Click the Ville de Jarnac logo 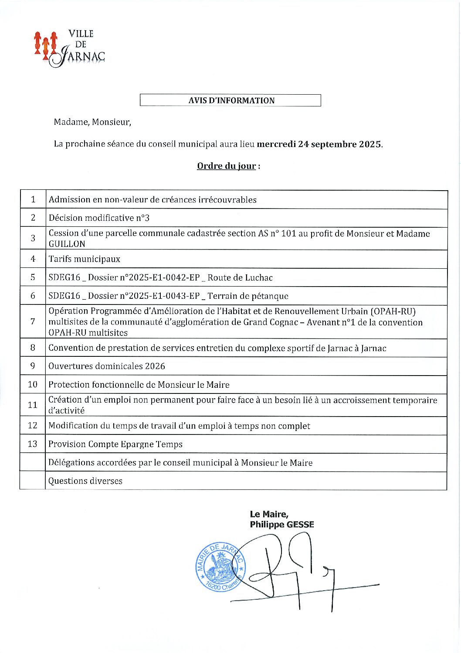(69, 48)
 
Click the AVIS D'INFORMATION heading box (230, 100)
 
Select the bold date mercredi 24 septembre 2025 (319, 144)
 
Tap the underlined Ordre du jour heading (226, 166)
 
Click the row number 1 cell (33, 200)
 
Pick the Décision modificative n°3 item (99, 218)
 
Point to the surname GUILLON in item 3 (67, 244)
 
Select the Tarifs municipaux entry (84, 259)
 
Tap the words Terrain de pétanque (248, 296)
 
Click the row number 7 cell (33, 322)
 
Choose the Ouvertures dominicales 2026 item (107, 366)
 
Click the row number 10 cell (33, 384)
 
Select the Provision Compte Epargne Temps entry (115, 444)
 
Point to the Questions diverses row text (85, 481)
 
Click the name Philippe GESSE (281, 524)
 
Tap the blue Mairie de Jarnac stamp (220, 568)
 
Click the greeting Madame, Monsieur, (92, 122)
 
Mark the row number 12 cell (33, 425)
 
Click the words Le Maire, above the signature (269, 514)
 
